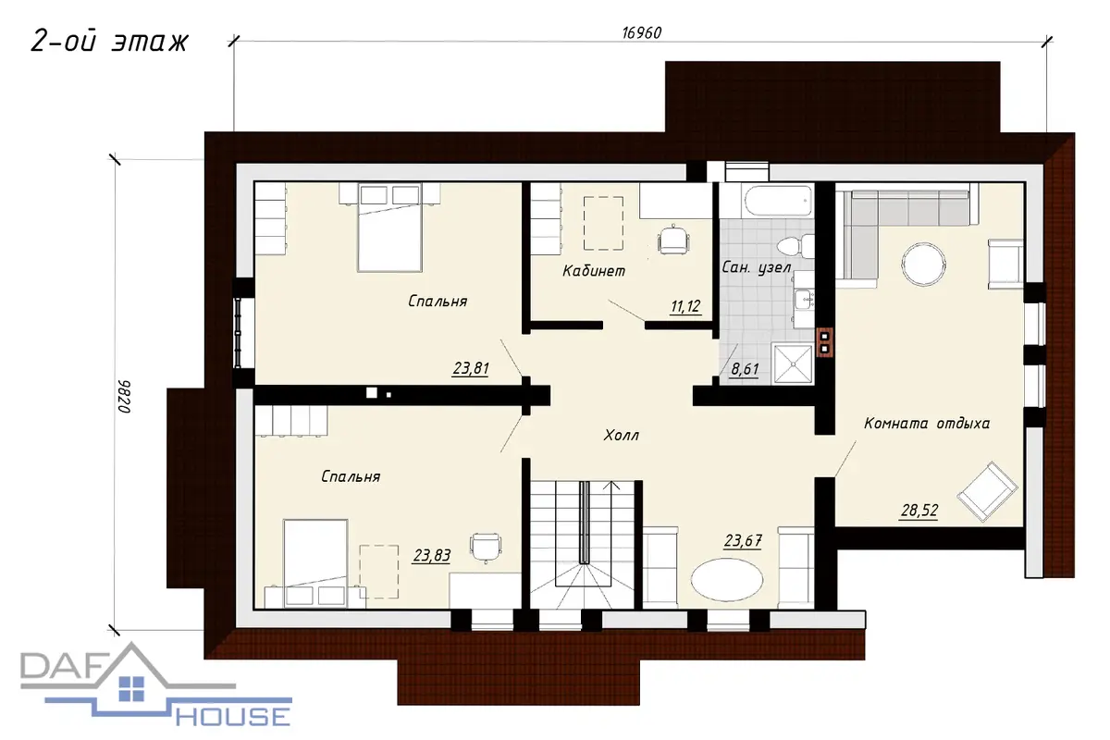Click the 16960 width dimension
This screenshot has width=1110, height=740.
(x=641, y=32)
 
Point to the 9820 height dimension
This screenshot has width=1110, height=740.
(x=124, y=397)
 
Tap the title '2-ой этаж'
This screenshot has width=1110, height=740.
(x=109, y=41)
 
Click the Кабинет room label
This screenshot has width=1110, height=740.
(x=594, y=271)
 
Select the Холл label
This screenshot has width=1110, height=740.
(x=621, y=435)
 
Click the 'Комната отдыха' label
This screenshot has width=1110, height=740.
(x=927, y=424)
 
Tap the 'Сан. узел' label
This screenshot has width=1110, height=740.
(x=757, y=267)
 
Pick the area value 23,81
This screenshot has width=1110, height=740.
(x=471, y=369)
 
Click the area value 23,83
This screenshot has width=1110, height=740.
(x=432, y=556)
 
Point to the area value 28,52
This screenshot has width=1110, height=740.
(x=919, y=511)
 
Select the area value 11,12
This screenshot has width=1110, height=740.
(x=685, y=306)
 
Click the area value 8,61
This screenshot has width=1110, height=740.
(x=745, y=369)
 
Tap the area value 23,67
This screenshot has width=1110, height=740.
(x=743, y=540)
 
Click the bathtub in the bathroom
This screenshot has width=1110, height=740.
(x=779, y=202)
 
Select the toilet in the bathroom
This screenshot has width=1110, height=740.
(x=795, y=246)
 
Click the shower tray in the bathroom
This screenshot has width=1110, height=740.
(x=793, y=364)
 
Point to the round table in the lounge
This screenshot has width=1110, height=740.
(x=923, y=264)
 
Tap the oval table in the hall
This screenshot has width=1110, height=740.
(x=727, y=580)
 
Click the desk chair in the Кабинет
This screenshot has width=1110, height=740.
(x=673, y=240)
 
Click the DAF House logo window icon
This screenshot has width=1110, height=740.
(x=131, y=689)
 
